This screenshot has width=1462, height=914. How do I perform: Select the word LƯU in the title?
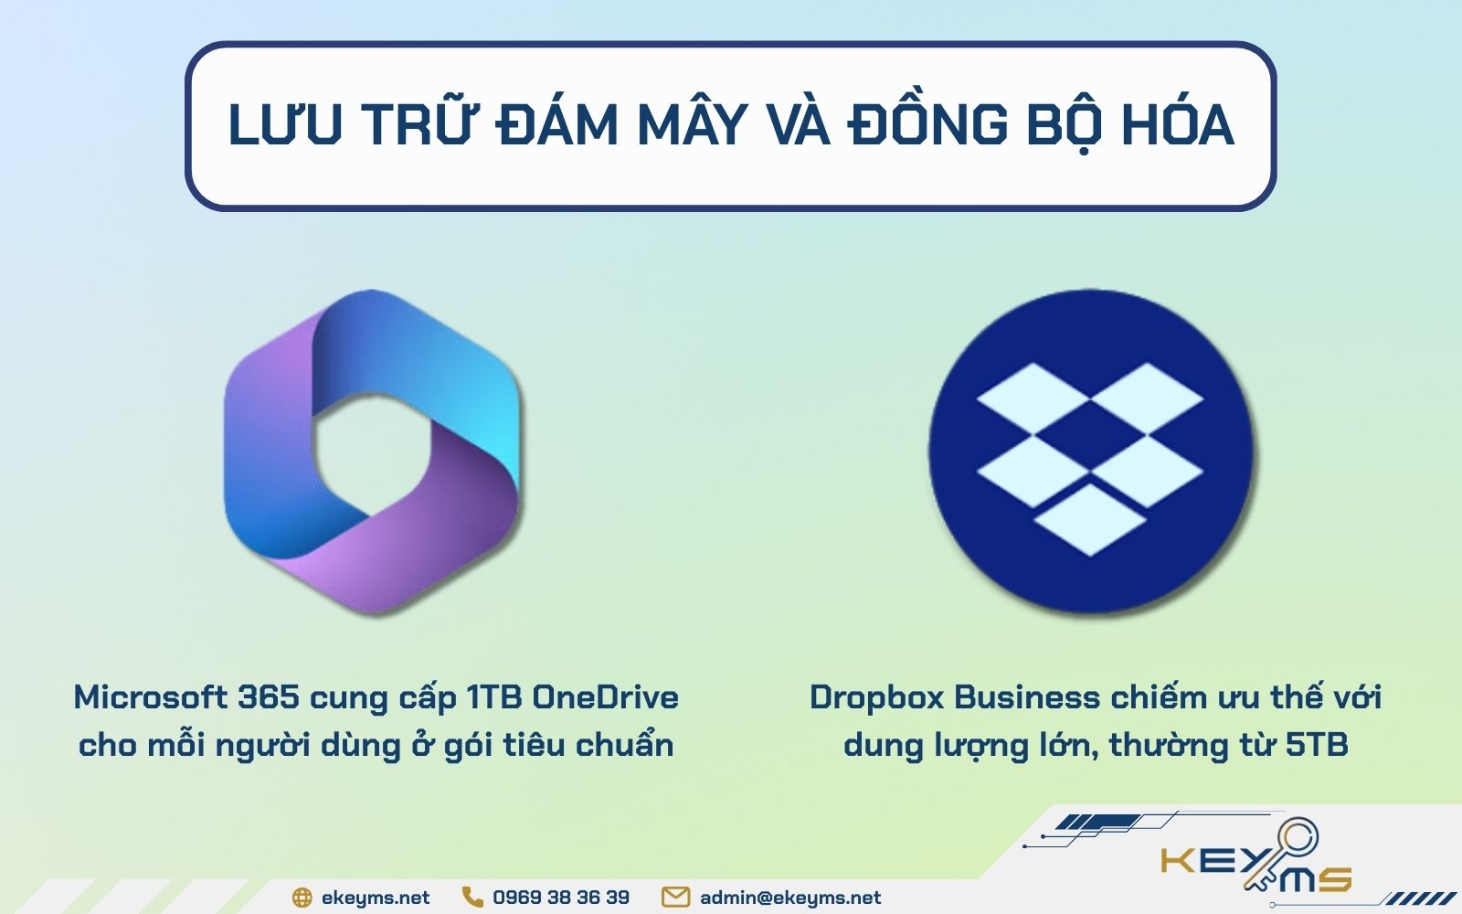pyautogui.click(x=285, y=125)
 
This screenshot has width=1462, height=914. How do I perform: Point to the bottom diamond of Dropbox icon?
pyautogui.click(x=1089, y=519)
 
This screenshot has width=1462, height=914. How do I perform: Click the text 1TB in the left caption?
pyautogui.click(x=494, y=697)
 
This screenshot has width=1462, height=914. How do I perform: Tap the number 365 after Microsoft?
pyautogui.click(x=269, y=697)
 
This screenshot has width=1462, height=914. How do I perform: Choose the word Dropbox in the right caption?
pyautogui.click(x=876, y=697)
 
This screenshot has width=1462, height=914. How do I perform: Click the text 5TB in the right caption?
pyautogui.click(x=1317, y=745)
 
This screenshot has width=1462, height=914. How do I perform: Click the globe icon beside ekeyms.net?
pyautogui.click(x=302, y=898)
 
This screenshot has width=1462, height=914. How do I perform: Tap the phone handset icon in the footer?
pyautogui.click(x=472, y=897)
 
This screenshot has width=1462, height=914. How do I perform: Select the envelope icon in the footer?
pyautogui.click(x=675, y=897)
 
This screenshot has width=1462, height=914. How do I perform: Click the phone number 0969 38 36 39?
pyautogui.click(x=561, y=898)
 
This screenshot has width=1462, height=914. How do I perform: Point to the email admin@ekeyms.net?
pyautogui.click(x=790, y=898)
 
